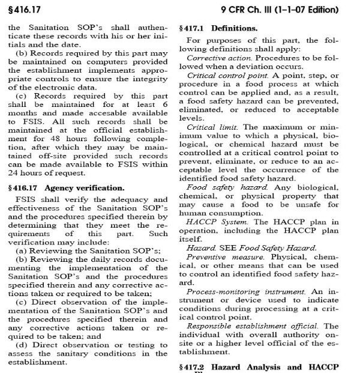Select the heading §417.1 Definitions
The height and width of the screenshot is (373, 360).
tap(219, 28)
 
